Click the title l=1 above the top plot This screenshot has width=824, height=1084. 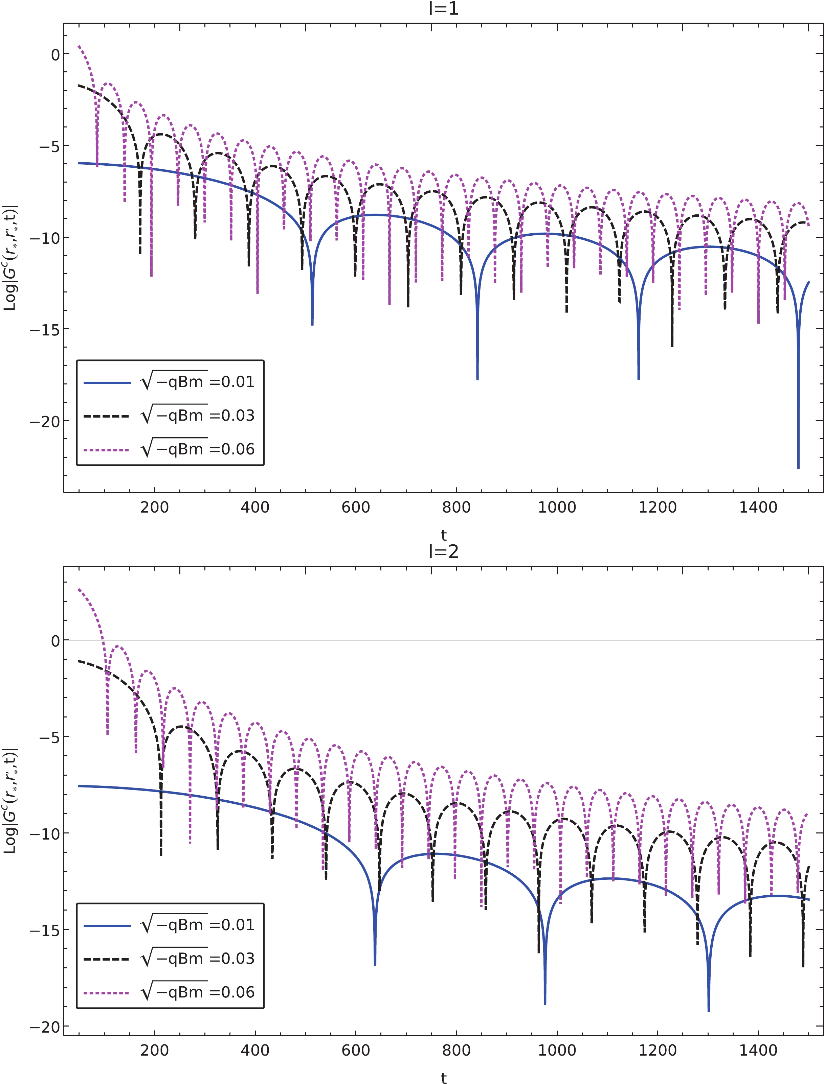coord(443,9)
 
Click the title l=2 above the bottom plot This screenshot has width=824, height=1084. coord(443,552)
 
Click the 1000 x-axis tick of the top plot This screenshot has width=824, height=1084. coord(557,507)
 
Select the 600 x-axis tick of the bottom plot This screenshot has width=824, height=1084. coord(356,1050)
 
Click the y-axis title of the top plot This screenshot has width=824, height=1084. coord(10,258)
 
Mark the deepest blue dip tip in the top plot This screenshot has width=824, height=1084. coord(798,468)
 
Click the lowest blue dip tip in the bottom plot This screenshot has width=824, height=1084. coord(708,1011)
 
